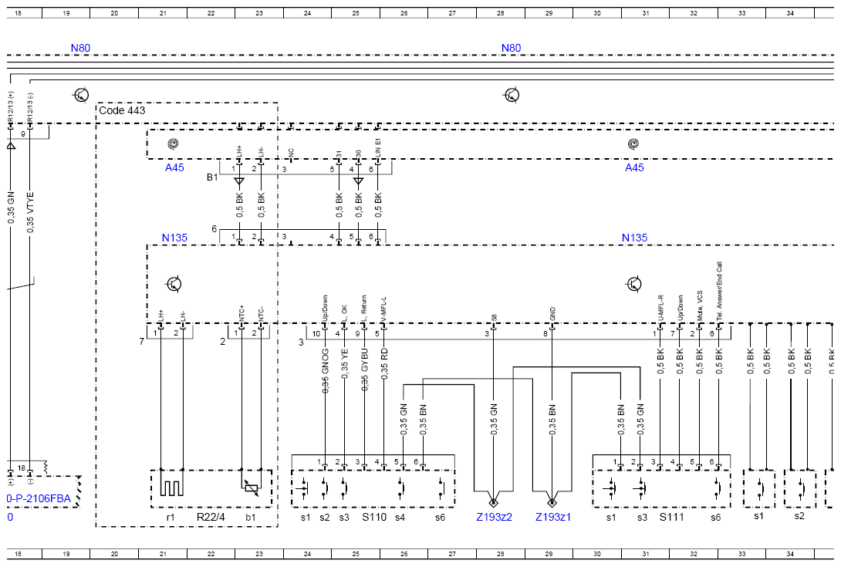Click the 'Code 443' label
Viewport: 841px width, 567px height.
tap(122, 111)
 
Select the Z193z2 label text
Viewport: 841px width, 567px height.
tap(494, 517)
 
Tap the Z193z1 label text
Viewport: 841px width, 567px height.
tap(553, 517)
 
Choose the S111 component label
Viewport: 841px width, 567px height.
tap(671, 517)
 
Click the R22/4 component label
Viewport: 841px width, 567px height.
tap(211, 517)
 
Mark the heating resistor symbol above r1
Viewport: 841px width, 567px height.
tap(171, 484)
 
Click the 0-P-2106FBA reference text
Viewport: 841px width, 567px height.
tap(38, 498)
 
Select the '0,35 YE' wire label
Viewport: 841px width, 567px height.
tap(345, 359)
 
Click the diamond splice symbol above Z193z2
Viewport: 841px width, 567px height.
tap(494, 497)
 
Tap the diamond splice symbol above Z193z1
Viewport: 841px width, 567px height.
tap(552, 497)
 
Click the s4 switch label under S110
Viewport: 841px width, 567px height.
tap(400, 517)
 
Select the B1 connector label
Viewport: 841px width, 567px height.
tap(212, 177)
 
